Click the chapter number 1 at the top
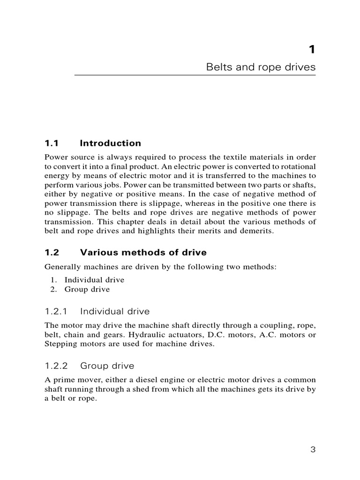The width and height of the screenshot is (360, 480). point(312,49)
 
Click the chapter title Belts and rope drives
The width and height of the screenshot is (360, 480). point(261,67)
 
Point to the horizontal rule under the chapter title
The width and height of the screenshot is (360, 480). point(195,75)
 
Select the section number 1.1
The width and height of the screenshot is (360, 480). point(52,143)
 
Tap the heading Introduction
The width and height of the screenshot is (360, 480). point(111,143)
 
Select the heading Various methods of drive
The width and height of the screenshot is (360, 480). point(143,253)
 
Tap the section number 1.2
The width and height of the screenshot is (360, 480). point(52,253)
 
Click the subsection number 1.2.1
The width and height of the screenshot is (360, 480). point(57,311)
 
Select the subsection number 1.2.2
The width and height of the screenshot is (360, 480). point(57,365)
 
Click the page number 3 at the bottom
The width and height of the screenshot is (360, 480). point(313,450)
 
